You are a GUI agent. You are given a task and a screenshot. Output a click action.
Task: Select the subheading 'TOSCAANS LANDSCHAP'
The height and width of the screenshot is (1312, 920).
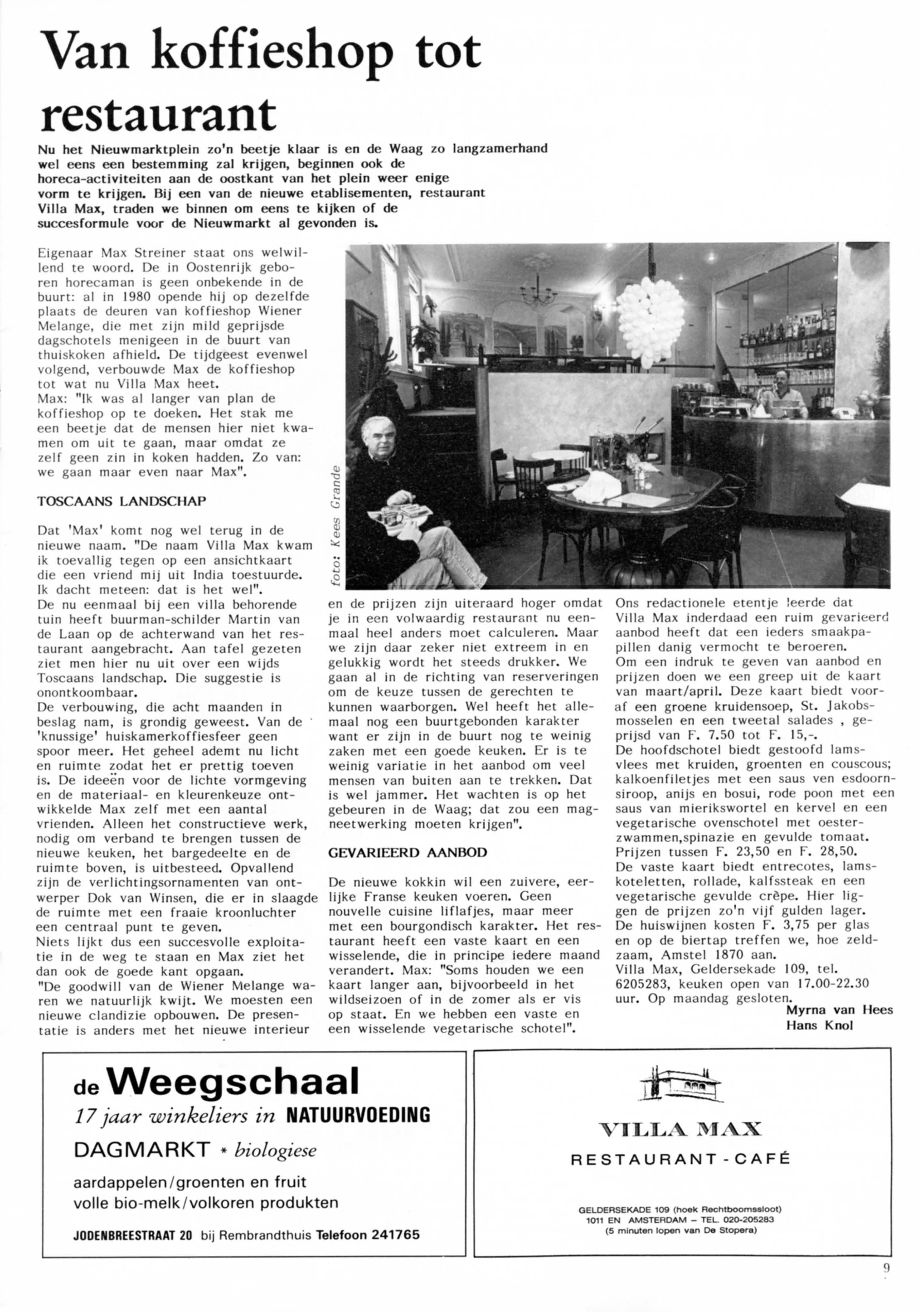pyautogui.click(x=122, y=501)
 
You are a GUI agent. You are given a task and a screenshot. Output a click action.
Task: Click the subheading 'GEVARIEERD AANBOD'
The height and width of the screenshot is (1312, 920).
pyautogui.click(x=407, y=852)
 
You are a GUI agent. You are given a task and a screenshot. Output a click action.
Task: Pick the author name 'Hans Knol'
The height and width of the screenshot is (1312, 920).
pyautogui.click(x=819, y=1025)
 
